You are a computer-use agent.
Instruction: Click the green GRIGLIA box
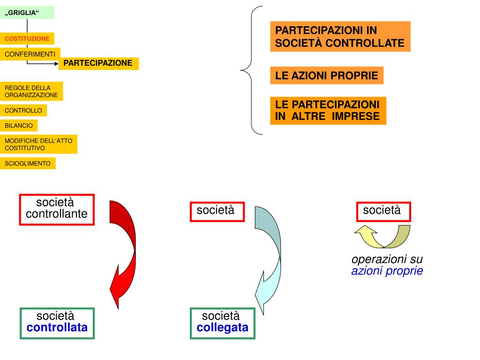click(27, 13)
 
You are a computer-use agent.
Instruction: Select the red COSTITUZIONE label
click(27, 38)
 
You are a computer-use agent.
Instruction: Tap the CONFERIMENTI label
click(30, 54)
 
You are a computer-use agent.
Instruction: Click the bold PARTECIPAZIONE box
click(98, 63)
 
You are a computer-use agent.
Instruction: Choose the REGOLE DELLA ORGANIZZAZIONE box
click(31, 91)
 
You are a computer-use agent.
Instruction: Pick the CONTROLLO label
click(23, 111)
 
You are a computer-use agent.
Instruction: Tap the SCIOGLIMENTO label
click(28, 164)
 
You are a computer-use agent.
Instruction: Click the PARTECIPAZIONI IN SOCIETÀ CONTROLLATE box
click(340, 37)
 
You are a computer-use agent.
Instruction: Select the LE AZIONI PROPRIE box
click(326, 76)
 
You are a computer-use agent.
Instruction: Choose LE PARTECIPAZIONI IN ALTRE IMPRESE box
click(328, 111)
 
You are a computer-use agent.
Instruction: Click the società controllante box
click(57, 209)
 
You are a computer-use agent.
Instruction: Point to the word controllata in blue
click(57, 328)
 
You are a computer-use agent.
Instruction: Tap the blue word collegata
click(223, 328)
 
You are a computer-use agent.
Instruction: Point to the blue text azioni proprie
click(387, 271)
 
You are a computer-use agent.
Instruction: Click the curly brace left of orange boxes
click(252, 70)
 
